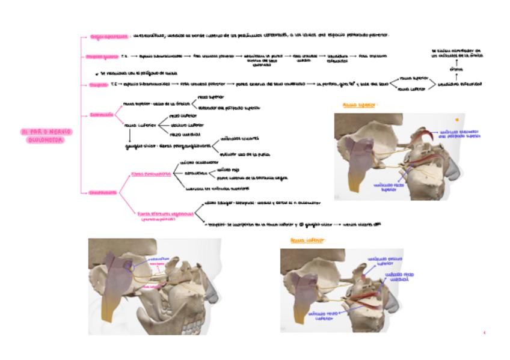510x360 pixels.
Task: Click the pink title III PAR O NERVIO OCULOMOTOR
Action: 46,136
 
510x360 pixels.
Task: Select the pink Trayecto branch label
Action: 97,85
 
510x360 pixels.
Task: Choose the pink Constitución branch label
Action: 103,193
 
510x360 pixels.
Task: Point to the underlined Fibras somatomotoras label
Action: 150,174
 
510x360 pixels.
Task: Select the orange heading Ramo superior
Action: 358,105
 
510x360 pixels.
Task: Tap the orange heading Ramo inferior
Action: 307,240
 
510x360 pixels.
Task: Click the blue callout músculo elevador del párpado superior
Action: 460,134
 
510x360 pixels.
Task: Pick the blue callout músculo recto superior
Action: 386,187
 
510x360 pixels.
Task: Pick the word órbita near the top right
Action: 456,70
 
